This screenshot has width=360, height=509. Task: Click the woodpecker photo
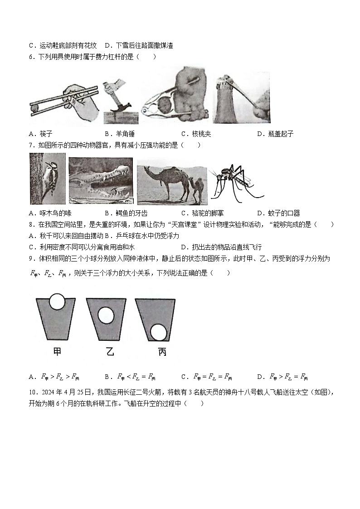[x=47, y=179]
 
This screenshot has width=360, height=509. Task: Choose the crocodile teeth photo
[x=101, y=180]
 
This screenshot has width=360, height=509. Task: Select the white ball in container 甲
[x=57, y=301]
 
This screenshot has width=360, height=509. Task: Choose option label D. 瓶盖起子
[x=275, y=134]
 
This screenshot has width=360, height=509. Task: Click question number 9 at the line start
[x=31, y=258]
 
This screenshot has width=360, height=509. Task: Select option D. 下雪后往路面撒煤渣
[x=139, y=45]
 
